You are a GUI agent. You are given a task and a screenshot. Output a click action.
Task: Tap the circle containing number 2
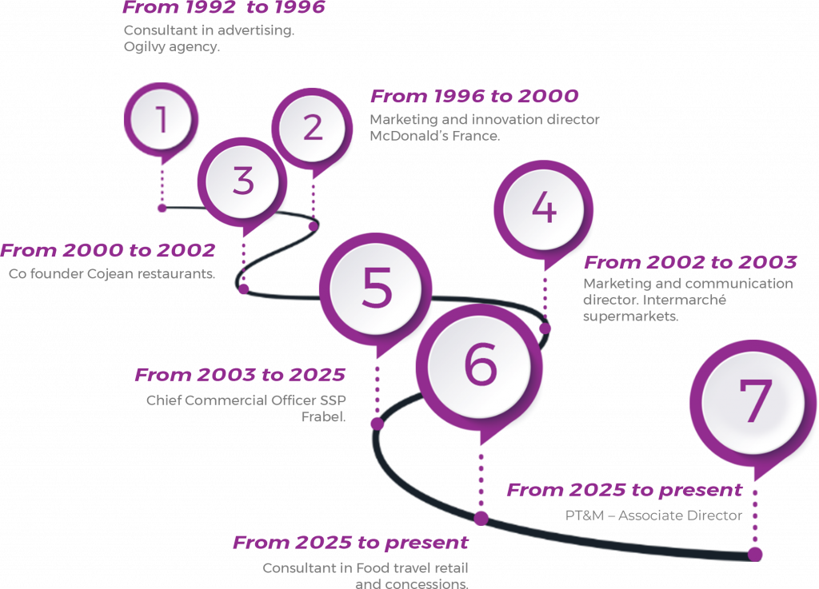[x=312, y=127]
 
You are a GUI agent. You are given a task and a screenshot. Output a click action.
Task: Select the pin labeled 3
[x=243, y=181]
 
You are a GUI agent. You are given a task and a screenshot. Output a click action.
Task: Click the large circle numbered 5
[x=376, y=289]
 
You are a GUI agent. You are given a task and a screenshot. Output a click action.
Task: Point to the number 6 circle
[x=480, y=365]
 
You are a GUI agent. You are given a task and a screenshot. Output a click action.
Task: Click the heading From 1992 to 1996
[x=224, y=9]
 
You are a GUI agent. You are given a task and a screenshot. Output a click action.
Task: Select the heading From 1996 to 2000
[x=474, y=97]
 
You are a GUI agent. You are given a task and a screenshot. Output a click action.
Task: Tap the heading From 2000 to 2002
[x=108, y=251]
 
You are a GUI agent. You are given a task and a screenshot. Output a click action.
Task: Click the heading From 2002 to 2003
[x=690, y=263]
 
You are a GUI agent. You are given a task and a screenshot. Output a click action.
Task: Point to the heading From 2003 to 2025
[x=240, y=375]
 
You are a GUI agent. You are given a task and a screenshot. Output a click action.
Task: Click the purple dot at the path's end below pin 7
[x=755, y=553]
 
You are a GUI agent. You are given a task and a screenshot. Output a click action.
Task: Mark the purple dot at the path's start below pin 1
[x=162, y=208]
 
